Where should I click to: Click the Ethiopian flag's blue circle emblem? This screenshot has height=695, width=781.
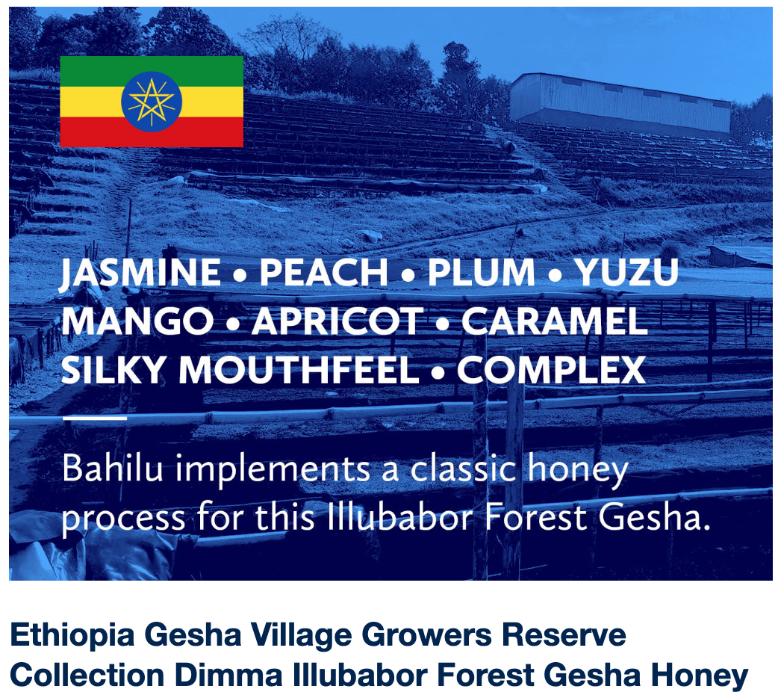[152, 102]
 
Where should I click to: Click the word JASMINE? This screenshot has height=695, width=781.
[140, 273]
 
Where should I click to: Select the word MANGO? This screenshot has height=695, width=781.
[137, 321]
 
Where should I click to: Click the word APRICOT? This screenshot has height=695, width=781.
[337, 321]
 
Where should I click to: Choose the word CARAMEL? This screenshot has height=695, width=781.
[554, 321]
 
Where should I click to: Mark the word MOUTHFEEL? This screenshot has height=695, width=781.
[299, 369]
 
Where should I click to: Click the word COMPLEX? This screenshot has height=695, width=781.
[551, 369]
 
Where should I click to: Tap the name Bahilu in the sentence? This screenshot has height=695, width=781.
[113, 469]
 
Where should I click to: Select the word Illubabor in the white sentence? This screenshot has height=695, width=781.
[399, 517]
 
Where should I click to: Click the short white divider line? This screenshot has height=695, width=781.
[95, 418]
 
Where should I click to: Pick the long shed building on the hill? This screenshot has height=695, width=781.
[620, 105]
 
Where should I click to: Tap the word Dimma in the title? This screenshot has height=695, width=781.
[228, 675]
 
